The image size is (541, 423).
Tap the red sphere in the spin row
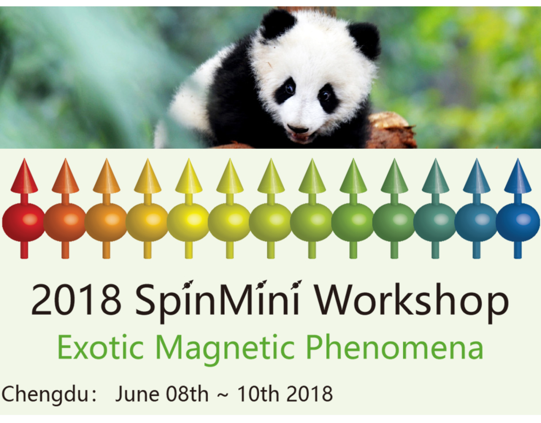coord(24,222)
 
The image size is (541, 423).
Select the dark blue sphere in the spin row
coord(518,222)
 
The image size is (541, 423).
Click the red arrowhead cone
coord(24,176)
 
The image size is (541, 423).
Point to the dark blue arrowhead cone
coord(518,176)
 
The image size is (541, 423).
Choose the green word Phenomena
coord(396,347)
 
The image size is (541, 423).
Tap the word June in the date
coord(137,395)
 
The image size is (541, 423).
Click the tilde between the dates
coord(223,395)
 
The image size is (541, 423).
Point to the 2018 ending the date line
coord(309,394)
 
